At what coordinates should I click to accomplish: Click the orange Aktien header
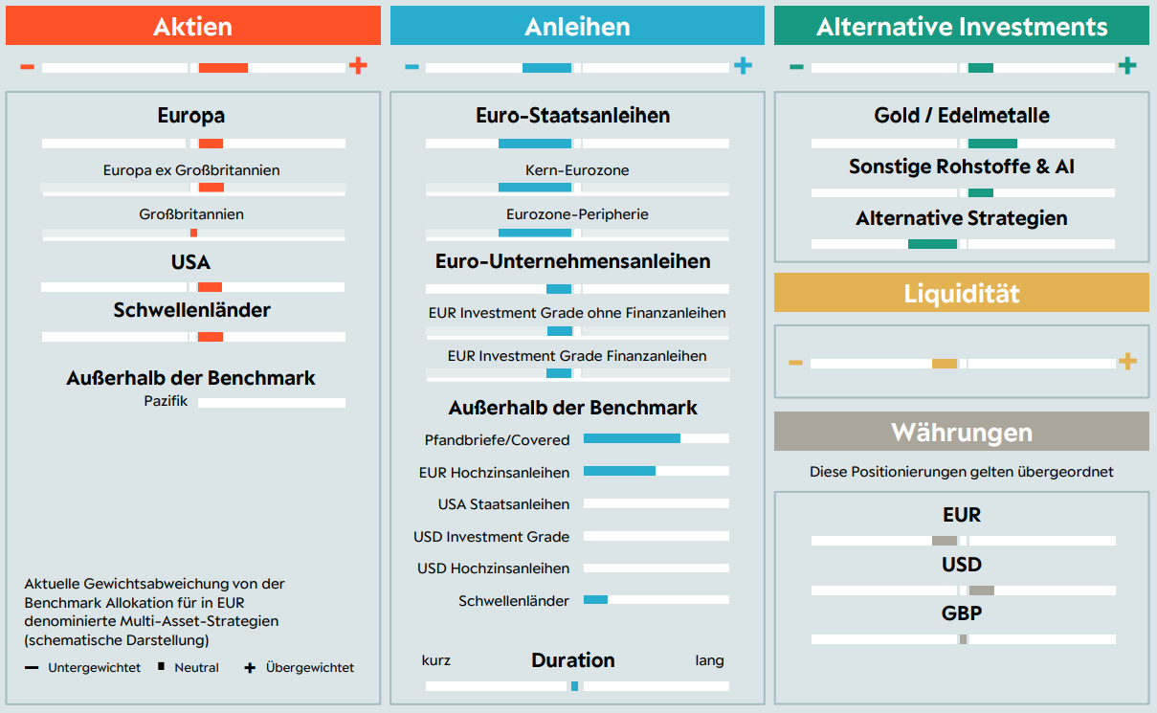(x=192, y=26)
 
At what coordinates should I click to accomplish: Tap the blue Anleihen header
(x=577, y=26)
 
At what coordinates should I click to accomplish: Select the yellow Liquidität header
(x=961, y=293)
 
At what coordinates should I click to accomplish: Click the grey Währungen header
(x=961, y=432)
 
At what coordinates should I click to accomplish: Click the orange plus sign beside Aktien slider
(x=358, y=66)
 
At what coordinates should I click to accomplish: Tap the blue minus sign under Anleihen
(x=412, y=67)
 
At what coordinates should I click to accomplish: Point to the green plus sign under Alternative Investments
(x=1127, y=66)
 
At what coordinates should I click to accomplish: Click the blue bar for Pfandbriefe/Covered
(x=632, y=438)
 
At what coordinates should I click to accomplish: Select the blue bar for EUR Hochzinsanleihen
(x=619, y=471)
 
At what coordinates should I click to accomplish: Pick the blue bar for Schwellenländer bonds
(x=595, y=600)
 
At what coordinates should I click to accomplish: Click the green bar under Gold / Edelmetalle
(x=992, y=144)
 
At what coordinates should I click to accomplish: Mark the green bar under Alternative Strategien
(x=932, y=244)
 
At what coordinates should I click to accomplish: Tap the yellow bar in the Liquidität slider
(x=945, y=364)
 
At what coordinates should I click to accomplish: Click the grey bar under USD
(x=981, y=590)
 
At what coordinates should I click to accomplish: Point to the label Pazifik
(x=166, y=400)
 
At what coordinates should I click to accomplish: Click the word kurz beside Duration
(x=436, y=660)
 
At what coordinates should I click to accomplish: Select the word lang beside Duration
(x=709, y=660)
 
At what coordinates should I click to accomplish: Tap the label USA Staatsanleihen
(x=503, y=504)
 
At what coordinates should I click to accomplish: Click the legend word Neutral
(x=196, y=667)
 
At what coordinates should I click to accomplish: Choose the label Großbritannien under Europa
(x=191, y=214)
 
